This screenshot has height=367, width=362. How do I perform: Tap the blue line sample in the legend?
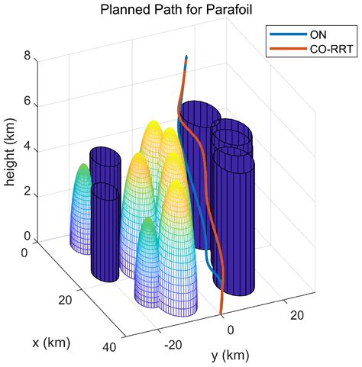pyautogui.click(x=282, y=34)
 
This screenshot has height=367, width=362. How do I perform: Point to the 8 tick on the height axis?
pyautogui.click(x=27, y=56)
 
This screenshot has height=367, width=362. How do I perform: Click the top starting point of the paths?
pyautogui.click(x=186, y=56)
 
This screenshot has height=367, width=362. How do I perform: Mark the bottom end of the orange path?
pyautogui.click(x=221, y=313)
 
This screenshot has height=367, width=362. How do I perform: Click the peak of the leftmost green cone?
pyautogui.click(x=82, y=164)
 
